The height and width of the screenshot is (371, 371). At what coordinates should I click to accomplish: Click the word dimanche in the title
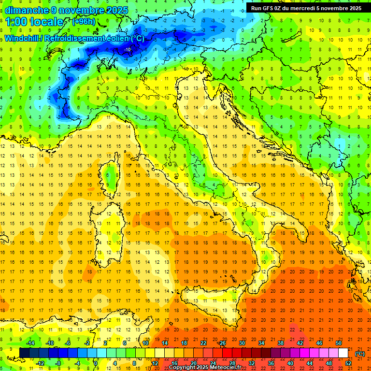point(25,10)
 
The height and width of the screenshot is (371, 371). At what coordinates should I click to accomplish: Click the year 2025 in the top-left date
point(117,10)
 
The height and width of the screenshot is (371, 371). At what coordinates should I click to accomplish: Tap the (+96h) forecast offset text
point(83,22)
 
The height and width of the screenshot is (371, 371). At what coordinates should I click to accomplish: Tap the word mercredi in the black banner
point(309,8)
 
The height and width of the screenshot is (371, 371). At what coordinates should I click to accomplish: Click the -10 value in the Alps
point(128,50)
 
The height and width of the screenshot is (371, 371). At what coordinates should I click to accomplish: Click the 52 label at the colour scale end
point(348,363)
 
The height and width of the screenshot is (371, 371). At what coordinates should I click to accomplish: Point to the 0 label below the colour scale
point(96,363)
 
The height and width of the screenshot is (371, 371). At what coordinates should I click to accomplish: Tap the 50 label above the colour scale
point(338,343)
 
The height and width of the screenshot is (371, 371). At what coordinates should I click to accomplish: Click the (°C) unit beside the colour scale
point(360,353)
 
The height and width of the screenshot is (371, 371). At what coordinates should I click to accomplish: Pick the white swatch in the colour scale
point(343,353)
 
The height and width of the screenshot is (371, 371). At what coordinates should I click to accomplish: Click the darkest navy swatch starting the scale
point(24,353)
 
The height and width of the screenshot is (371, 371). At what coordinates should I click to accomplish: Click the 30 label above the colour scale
point(242,343)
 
